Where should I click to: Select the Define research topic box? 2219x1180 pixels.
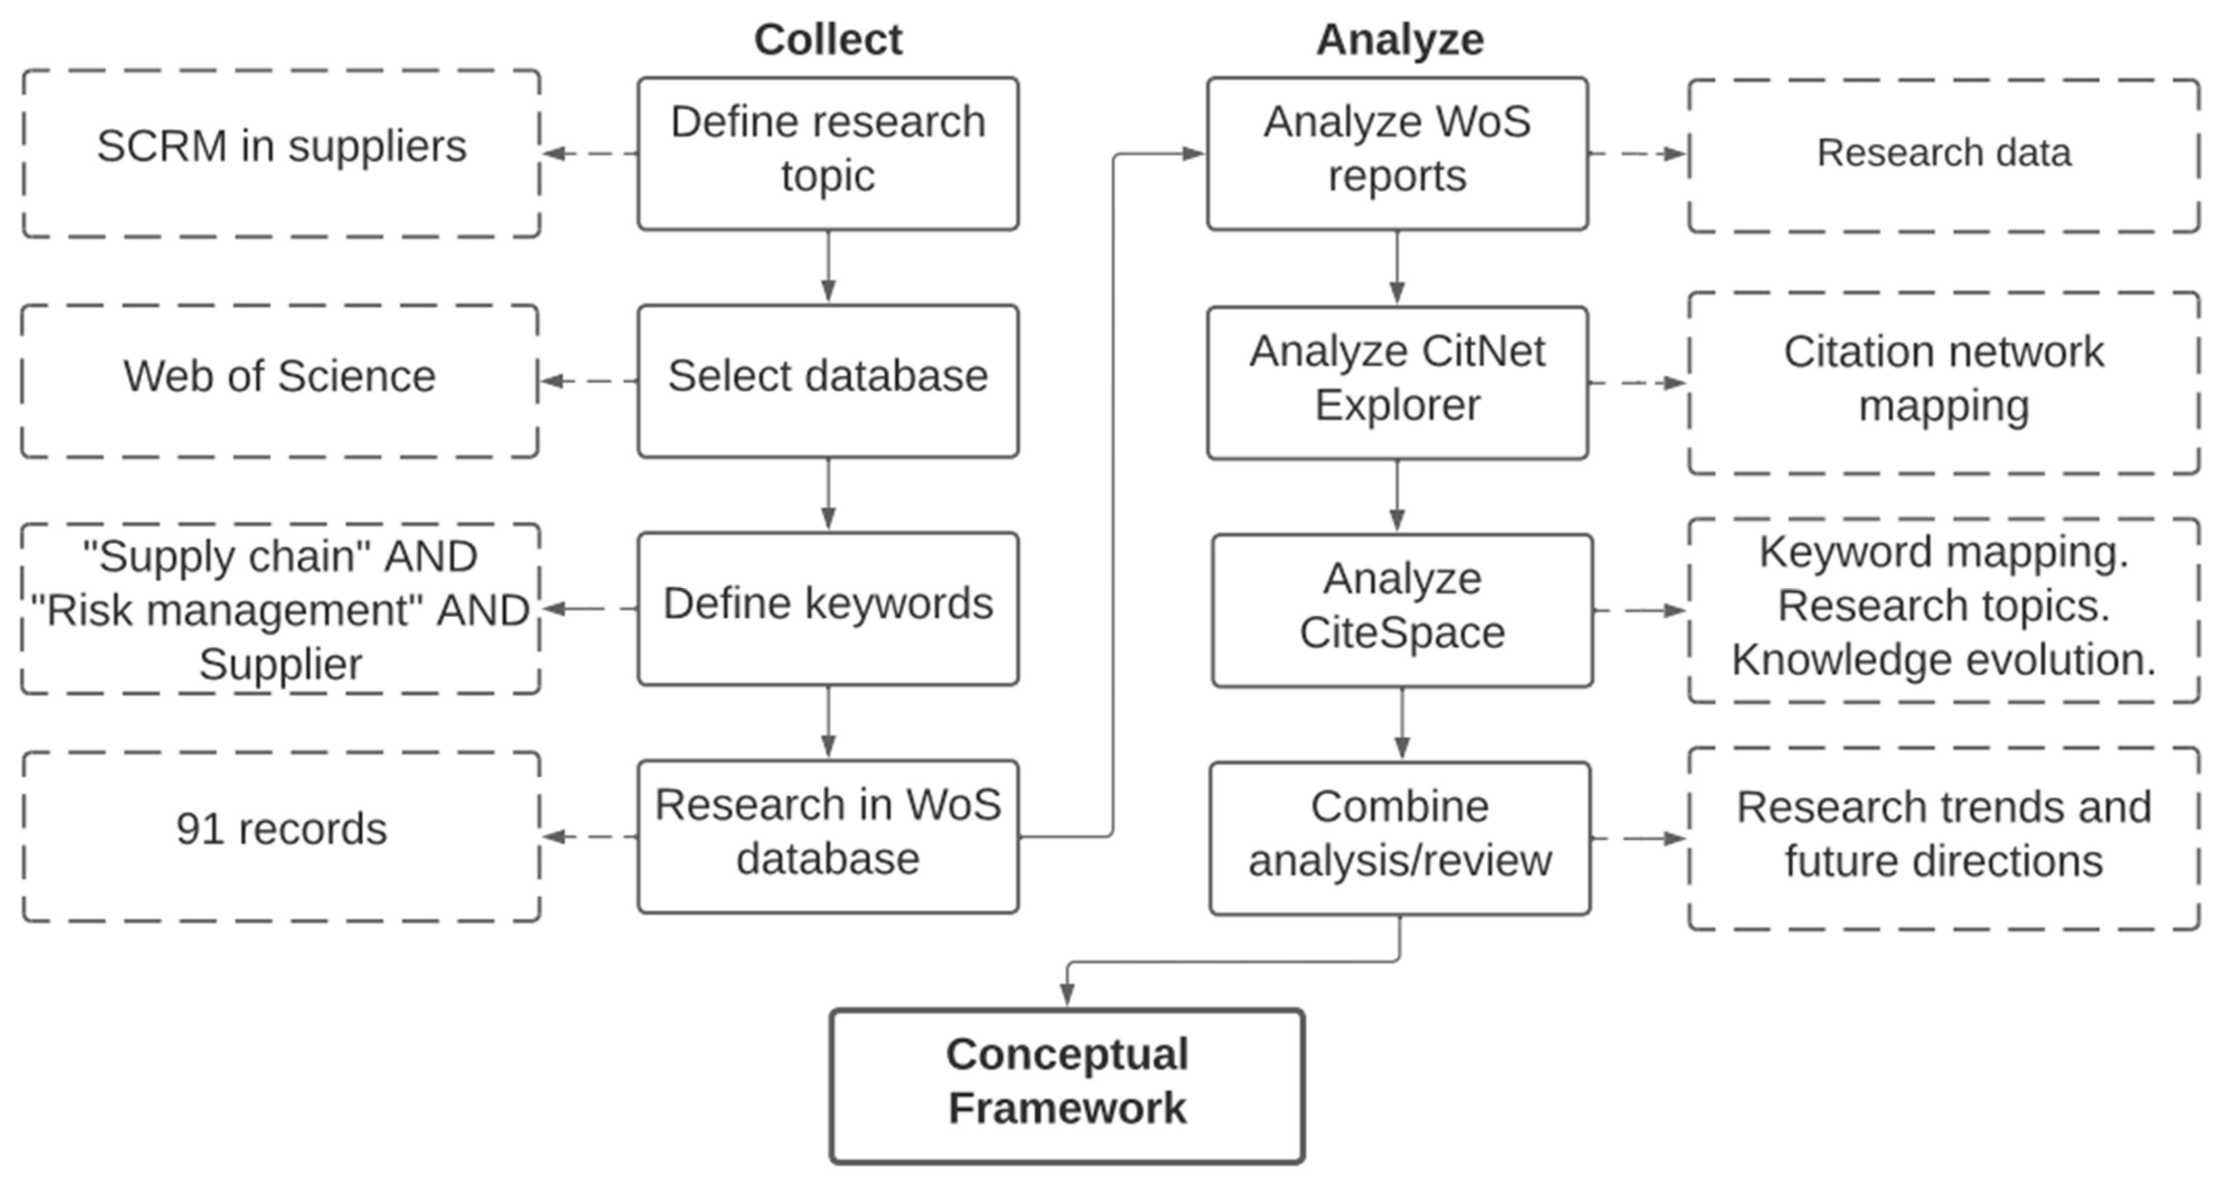tap(828, 153)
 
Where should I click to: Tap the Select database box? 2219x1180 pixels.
tap(828, 380)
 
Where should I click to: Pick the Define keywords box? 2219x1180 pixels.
tap(828, 608)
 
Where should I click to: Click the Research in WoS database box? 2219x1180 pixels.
tap(828, 836)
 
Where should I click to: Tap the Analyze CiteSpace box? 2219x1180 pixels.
tap(1401, 610)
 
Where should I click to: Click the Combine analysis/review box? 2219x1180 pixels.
tap(1400, 837)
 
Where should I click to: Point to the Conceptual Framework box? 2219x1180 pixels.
tap(1067, 1085)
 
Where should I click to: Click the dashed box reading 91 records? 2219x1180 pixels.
tap(281, 836)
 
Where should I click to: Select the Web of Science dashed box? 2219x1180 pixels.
tap(279, 380)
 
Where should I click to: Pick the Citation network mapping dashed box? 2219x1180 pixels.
tap(1943, 382)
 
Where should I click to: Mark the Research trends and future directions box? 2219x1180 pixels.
tap(1943, 837)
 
